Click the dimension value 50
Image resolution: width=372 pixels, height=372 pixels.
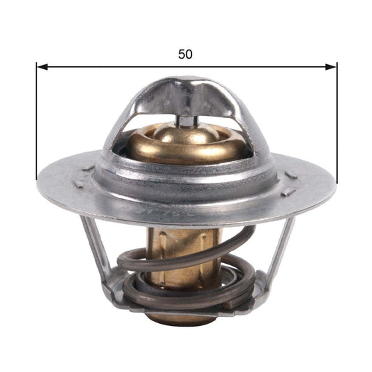click(185, 54)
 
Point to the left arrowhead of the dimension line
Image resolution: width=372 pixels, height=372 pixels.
click(41, 67)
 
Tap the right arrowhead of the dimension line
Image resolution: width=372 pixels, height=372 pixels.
click(332, 67)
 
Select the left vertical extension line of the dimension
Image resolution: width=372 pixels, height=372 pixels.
click(36, 119)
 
